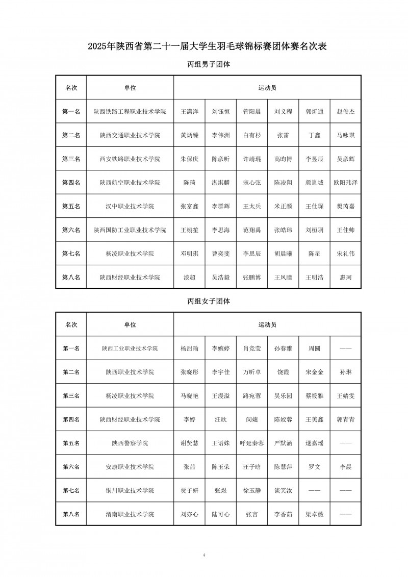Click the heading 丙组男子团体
point(209,65)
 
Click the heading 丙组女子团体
point(209,302)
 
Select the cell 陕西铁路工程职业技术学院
point(130,111)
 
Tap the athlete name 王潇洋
point(189,111)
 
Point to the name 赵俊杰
point(345,111)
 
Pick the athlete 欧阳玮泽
point(345,183)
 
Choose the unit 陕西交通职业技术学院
point(130,135)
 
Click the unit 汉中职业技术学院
point(130,207)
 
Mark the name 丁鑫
point(314,135)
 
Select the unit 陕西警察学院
point(130,443)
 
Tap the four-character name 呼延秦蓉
point(252,443)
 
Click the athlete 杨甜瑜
point(189,348)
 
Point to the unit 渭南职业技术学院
point(130,514)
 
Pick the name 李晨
point(345,467)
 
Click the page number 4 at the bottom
point(203,555)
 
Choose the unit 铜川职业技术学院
point(130,491)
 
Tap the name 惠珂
point(345,278)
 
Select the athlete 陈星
point(314,254)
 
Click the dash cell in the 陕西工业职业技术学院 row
point(345,348)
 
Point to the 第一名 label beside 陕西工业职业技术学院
point(71,348)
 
